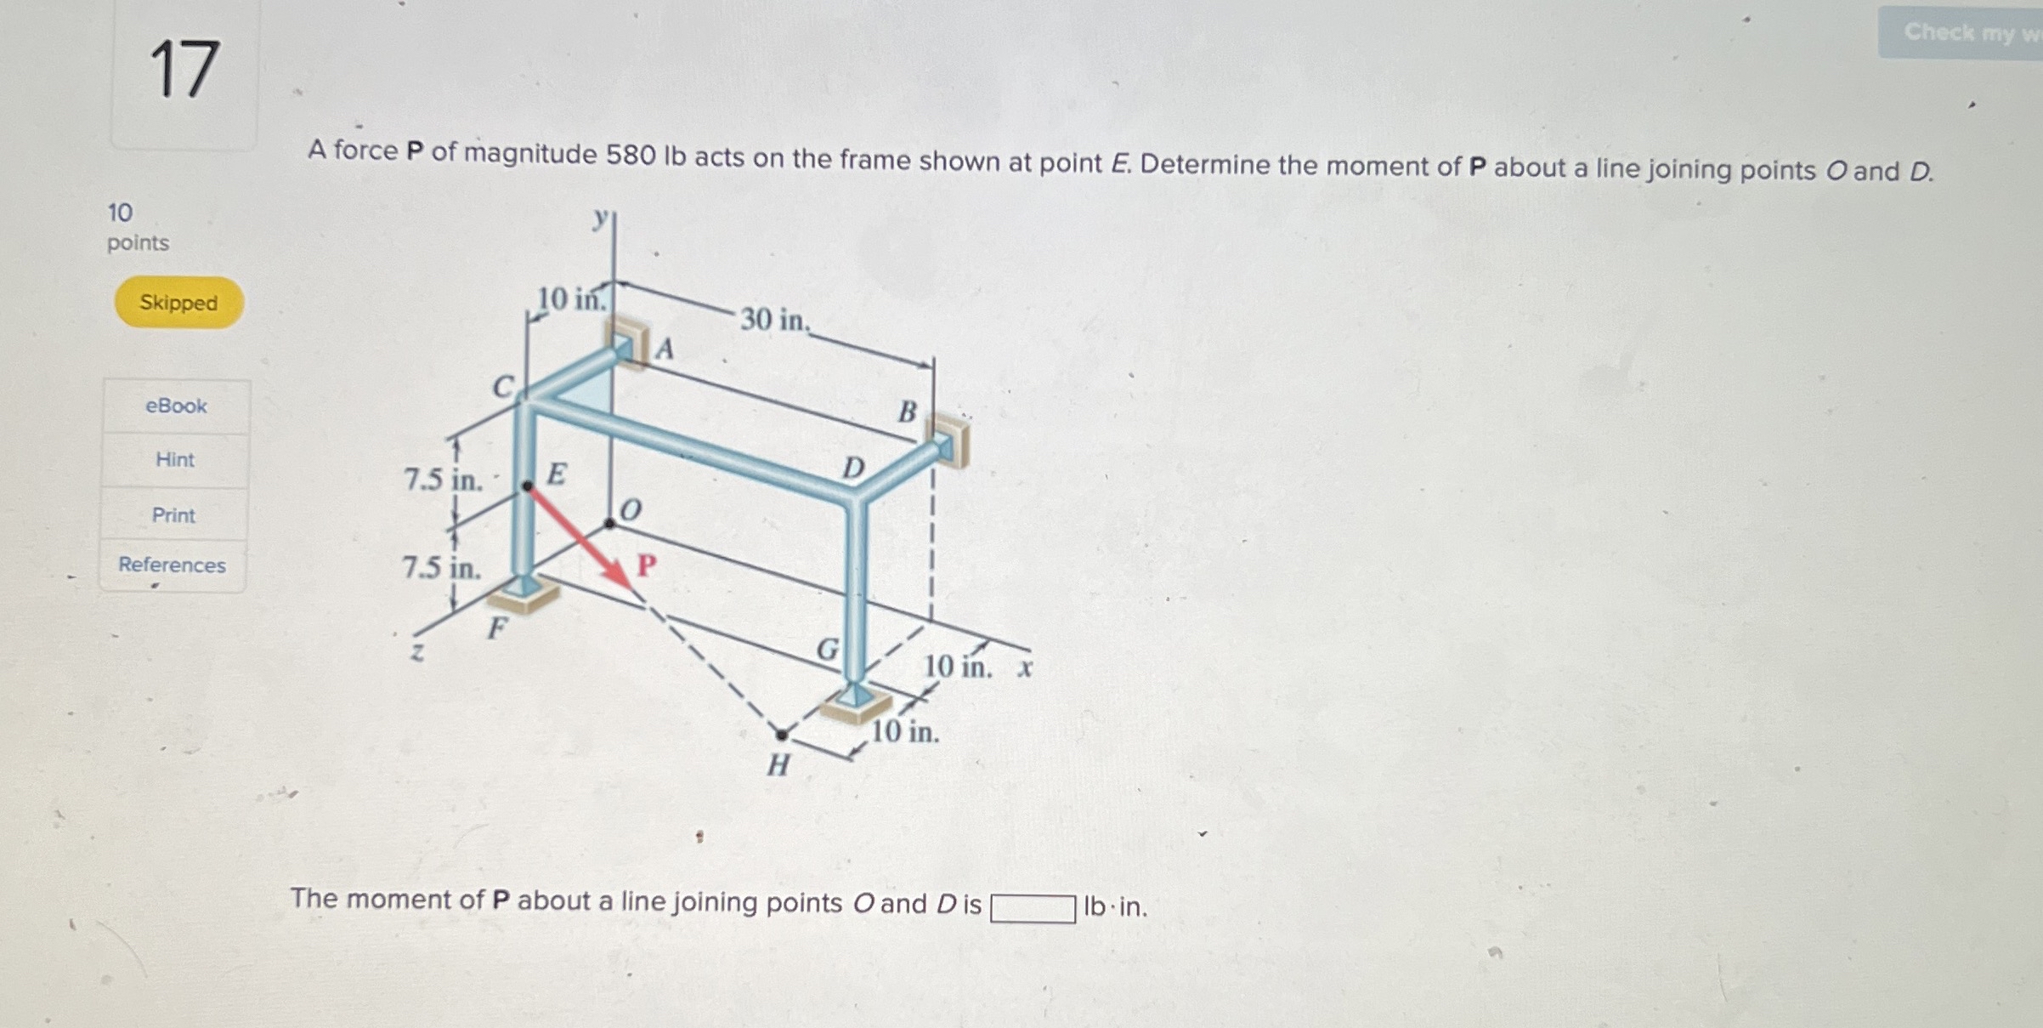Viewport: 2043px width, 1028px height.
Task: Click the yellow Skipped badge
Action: click(x=178, y=303)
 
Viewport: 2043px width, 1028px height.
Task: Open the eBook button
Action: click(x=176, y=406)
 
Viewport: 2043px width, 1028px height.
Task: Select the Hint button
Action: click(x=175, y=460)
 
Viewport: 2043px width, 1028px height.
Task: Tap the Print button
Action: click(x=173, y=515)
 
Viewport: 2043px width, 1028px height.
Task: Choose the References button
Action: click(x=172, y=565)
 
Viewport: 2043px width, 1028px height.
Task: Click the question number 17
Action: click(x=184, y=70)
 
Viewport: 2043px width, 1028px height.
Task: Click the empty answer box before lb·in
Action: click(x=1033, y=908)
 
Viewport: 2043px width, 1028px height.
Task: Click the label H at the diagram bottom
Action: click(x=778, y=765)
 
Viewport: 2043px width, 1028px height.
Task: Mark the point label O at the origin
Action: click(x=631, y=510)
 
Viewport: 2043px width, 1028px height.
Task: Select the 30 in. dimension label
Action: click(x=774, y=321)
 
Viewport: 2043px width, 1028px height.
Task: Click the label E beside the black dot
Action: click(x=557, y=474)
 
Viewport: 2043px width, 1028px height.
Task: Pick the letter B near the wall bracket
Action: click(x=908, y=412)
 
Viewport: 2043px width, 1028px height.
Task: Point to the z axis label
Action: click(x=416, y=653)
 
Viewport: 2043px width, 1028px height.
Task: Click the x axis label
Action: click(x=1026, y=667)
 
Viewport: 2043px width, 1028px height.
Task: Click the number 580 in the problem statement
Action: click(x=631, y=156)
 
